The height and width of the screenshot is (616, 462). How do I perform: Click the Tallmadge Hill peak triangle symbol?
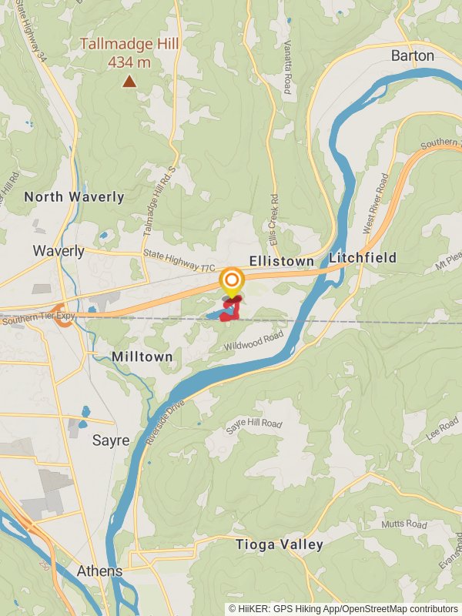129,81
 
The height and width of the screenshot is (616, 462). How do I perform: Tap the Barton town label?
413,55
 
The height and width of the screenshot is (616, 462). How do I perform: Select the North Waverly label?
74,197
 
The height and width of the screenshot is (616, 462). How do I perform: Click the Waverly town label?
59,251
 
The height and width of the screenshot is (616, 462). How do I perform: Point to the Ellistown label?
281,262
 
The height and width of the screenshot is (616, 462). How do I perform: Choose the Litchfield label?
363,258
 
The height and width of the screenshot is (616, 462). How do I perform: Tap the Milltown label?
142,357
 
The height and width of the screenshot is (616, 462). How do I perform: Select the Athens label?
99,571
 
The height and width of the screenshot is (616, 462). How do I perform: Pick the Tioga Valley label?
280,545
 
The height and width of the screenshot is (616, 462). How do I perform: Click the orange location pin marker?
232,280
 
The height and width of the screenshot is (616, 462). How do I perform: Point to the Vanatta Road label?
287,67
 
